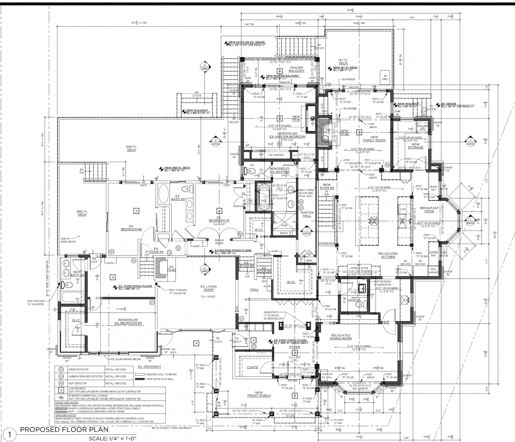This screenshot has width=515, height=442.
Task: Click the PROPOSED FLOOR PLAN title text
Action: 64,429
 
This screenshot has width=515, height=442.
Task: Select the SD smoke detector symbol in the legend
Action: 61,370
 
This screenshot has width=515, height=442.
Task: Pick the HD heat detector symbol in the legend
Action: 61,383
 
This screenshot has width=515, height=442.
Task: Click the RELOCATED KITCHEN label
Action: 388,255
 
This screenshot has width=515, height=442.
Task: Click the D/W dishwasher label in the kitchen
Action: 403,209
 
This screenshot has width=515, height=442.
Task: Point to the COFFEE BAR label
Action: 433,253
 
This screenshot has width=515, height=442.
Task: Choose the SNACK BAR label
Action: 433,188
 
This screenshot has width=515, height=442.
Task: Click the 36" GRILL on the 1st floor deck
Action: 386,78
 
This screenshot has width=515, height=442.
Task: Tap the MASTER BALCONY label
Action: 296,69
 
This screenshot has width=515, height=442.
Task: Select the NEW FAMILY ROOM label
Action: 374,139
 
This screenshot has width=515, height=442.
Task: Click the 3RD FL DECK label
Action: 82,213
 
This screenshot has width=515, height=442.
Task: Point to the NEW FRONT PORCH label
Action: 259,394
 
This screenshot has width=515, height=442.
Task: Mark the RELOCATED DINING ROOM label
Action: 341,337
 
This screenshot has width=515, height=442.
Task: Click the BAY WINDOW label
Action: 360,389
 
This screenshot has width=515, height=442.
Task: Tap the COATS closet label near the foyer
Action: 252,367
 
